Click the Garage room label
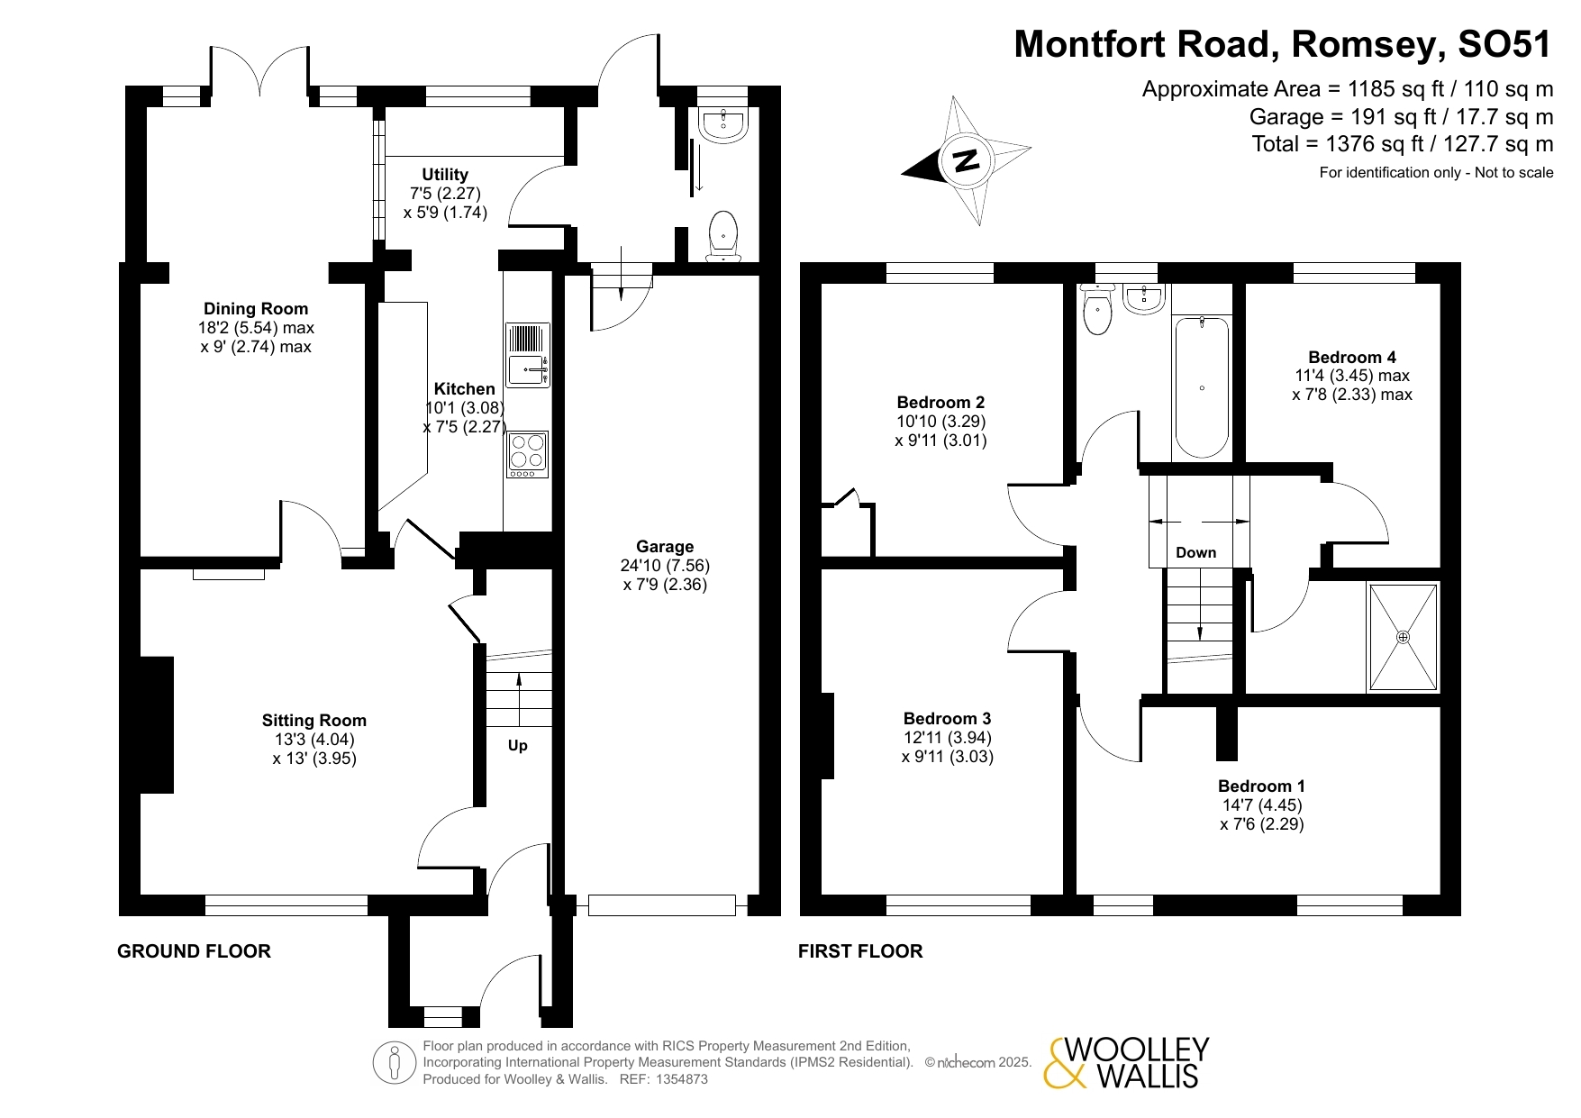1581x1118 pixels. click(x=665, y=547)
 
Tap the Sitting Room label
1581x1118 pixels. click(x=314, y=721)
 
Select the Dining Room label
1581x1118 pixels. click(x=256, y=309)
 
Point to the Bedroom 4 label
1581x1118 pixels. click(x=1352, y=358)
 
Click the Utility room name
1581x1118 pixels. click(x=445, y=175)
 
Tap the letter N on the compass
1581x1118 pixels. click(x=966, y=160)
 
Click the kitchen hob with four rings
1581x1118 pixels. click(x=528, y=454)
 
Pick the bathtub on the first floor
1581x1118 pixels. click(x=1202, y=386)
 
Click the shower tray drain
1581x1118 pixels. click(x=1403, y=637)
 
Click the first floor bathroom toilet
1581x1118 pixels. click(x=1097, y=309)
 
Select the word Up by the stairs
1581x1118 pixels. click(x=518, y=746)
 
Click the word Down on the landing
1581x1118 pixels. click(x=1196, y=553)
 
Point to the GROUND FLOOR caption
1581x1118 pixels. click(x=194, y=951)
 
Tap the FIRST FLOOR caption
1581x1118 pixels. click(x=860, y=951)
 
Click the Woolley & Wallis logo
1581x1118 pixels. click(x=1126, y=1063)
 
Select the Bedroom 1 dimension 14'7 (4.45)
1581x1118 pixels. click(x=1262, y=805)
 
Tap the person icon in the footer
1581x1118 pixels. click(x=395, y=1063)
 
